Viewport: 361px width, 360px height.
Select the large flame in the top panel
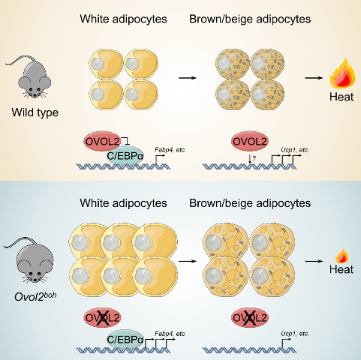click(x=342, y=73)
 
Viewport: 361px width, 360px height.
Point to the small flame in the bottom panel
click(x=342, y=256)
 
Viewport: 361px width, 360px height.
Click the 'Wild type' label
click(x=35, y=112)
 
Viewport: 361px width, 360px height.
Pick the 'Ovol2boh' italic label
click(x=35, y=296)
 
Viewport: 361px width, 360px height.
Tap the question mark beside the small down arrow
click(x=254, y=158)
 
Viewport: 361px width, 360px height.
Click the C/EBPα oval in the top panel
click(x=125, y=156)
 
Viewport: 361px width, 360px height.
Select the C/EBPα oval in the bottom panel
click(x=125, y=339)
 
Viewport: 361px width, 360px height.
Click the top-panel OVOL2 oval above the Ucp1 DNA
click(x=250, y=142)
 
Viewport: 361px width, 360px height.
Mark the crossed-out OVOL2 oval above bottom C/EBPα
click(x=102, y=318)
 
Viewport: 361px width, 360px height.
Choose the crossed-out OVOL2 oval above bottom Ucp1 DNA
click(x=250, y=318)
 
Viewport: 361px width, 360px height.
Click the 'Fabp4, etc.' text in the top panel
click(x=170, y=150)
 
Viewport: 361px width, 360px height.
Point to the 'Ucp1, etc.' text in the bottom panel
click(x=295, y=334)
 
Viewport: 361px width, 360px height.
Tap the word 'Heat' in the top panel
click(x=341, y=97)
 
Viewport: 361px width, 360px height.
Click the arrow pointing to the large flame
click(x=314, y=78)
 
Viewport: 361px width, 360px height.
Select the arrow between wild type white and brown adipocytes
click(x=188, y=78)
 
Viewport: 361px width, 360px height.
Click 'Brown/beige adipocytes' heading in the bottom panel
click(x=250, y=203)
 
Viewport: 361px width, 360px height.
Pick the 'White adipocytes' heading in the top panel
click(x=123, y=19)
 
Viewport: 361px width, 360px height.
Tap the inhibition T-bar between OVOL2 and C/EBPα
click(x=126, y=140)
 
